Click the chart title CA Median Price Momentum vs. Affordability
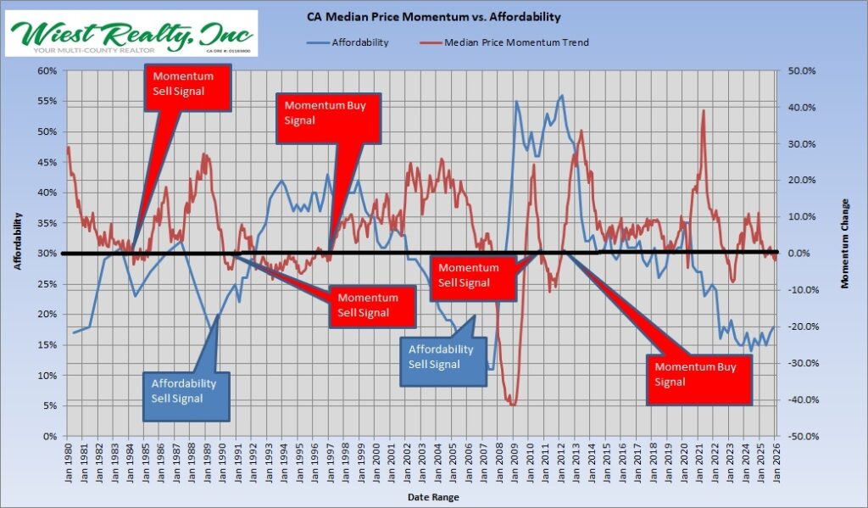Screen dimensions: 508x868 (434, 16)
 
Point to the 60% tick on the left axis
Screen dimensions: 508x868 (47, 70)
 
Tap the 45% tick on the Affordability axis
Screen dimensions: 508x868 (47, 162)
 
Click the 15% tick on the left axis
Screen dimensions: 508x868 (47, 345)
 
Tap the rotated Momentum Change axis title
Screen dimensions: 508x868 (844, 253)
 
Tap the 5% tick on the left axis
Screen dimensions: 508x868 (49, 406)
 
